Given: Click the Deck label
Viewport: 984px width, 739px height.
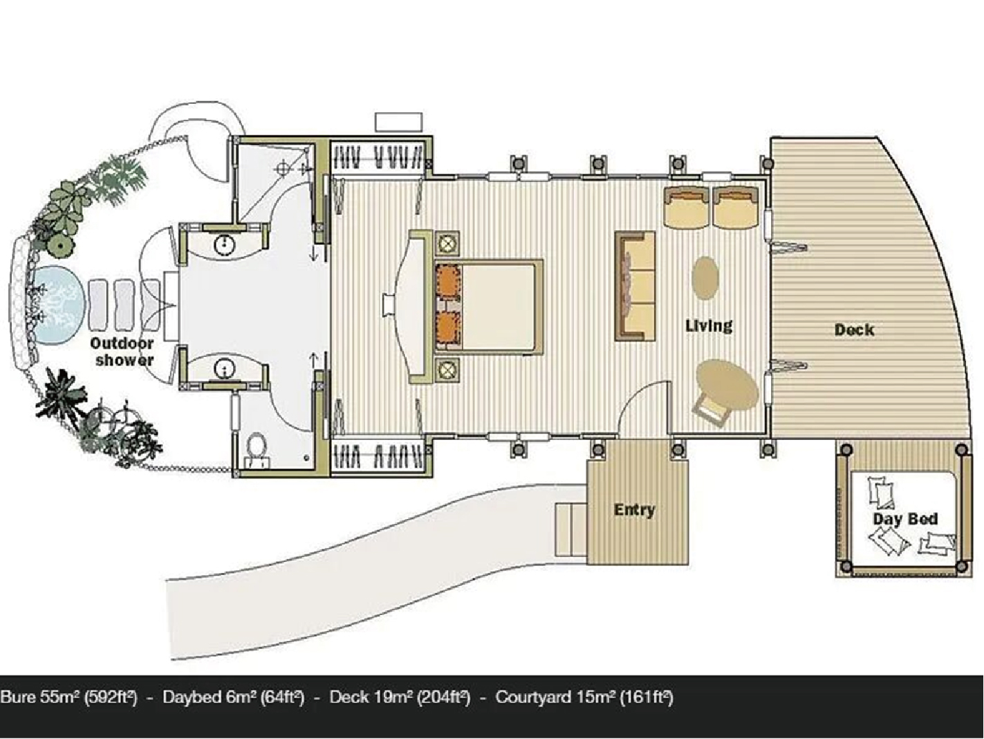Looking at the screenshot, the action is point(854,330).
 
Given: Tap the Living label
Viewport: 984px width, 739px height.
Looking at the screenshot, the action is point(709,325).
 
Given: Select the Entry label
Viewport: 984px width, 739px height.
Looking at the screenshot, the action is point(634,510).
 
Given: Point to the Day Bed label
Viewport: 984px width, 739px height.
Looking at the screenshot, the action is point(905,519).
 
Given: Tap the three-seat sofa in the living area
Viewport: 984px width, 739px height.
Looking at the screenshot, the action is point(635,286).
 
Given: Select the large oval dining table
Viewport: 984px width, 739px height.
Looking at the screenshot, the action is point(727,385).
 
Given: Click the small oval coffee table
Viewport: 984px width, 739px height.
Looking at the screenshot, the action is point(705,277).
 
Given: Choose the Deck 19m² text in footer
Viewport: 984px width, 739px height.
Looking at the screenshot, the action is point(371,697).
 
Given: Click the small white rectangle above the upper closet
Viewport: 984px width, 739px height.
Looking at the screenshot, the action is point(398,122).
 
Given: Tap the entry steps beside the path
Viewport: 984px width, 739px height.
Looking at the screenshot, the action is point(571,529).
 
